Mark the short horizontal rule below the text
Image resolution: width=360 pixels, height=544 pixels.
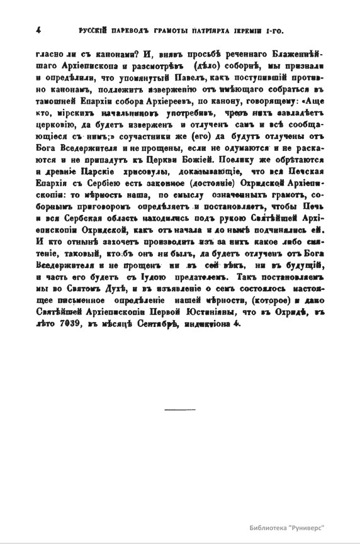tap(179, 410)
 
